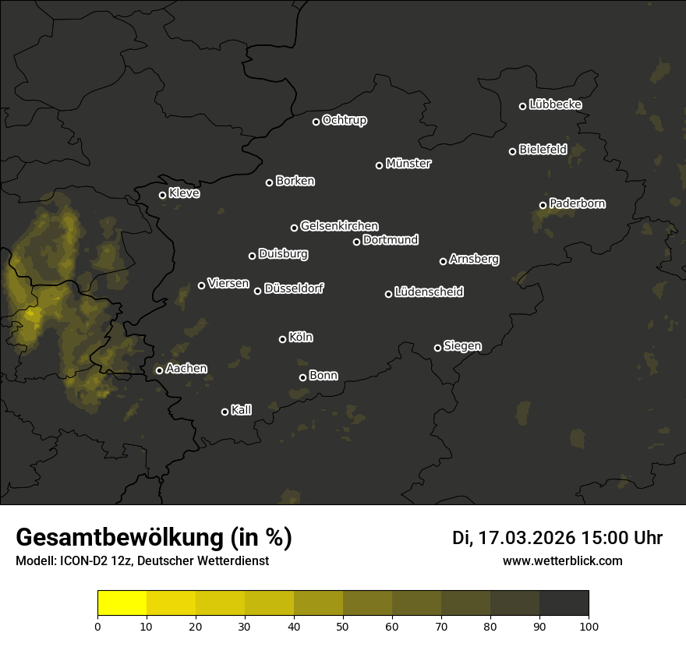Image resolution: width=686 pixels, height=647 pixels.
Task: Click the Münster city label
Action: (408, 164)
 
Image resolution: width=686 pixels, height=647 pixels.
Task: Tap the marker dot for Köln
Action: (282, 339)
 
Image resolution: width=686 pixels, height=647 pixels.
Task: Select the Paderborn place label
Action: (577, 203)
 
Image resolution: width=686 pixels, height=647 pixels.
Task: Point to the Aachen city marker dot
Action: (159, 370)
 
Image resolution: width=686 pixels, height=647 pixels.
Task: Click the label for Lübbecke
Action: (555, 104)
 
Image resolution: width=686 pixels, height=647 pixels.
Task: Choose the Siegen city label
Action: (462, 346)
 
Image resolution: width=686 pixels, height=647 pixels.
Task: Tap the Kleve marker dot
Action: (162, 195)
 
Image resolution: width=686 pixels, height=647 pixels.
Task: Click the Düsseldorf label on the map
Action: (294, 288)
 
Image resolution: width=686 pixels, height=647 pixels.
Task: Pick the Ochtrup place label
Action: (344, 120)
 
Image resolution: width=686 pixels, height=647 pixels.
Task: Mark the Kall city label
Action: (241, 410)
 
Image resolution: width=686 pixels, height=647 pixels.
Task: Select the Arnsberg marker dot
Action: (443, 261)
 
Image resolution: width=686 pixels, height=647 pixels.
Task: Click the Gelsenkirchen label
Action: (339, 226)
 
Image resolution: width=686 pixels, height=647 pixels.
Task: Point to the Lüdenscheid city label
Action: (429, 292)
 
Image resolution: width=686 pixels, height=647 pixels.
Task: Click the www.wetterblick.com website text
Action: (562, 561)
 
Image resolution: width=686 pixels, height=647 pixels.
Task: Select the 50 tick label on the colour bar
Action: (343, 626)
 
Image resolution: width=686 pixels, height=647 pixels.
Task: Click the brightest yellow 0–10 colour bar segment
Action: (122, 603)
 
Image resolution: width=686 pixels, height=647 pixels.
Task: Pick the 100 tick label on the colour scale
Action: (589, 626)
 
